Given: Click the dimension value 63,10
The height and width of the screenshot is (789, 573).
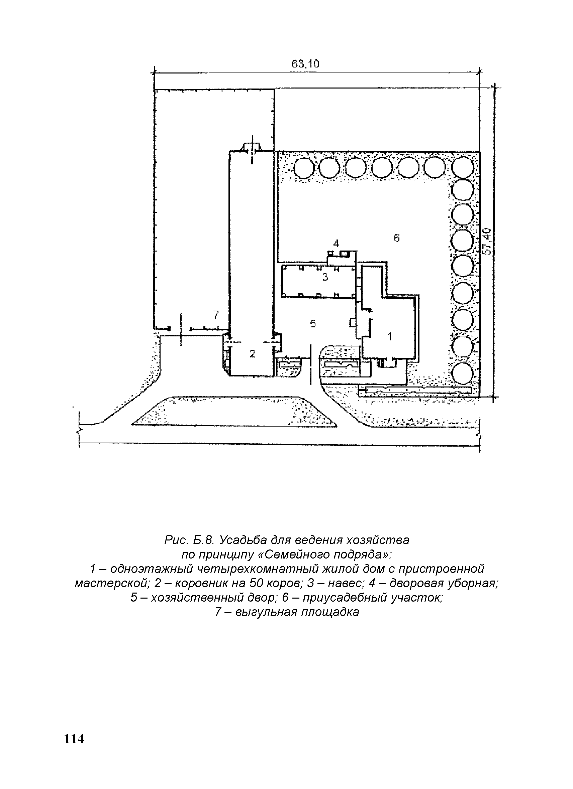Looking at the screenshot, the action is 305,64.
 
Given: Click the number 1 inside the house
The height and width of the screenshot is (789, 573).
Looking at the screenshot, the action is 390,336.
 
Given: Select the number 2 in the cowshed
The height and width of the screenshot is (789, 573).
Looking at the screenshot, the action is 253,354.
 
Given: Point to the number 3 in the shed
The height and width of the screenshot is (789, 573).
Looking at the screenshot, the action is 325,277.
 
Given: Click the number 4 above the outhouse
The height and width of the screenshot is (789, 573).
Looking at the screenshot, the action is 336,244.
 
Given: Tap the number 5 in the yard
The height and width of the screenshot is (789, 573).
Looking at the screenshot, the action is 313,324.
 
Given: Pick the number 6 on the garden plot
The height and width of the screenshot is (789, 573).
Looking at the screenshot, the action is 397,238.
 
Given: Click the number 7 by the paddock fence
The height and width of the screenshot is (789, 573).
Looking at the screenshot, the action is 216,315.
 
